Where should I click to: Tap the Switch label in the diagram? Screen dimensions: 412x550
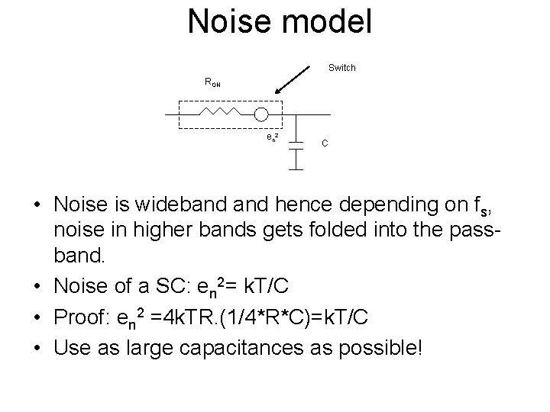point(341,68)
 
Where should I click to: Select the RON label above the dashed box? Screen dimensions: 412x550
point(212,82)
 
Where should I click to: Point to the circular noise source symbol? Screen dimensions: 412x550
point(261,114)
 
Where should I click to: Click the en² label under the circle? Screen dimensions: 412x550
point(271,137)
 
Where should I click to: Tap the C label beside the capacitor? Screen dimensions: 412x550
point(325,143)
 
